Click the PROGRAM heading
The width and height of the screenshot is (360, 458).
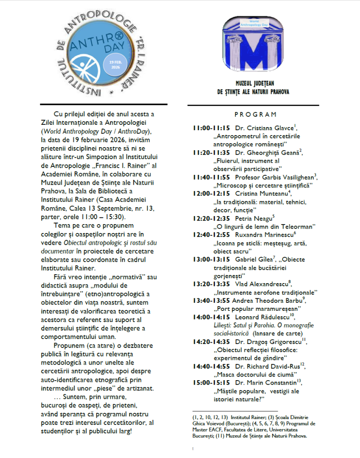point(255,114)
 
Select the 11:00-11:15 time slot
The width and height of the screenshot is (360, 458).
point(212,128)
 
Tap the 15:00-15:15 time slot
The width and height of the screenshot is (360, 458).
point(212,383)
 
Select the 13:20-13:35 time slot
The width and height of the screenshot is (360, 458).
point(212,283)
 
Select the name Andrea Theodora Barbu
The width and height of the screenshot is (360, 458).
point(269,300)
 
